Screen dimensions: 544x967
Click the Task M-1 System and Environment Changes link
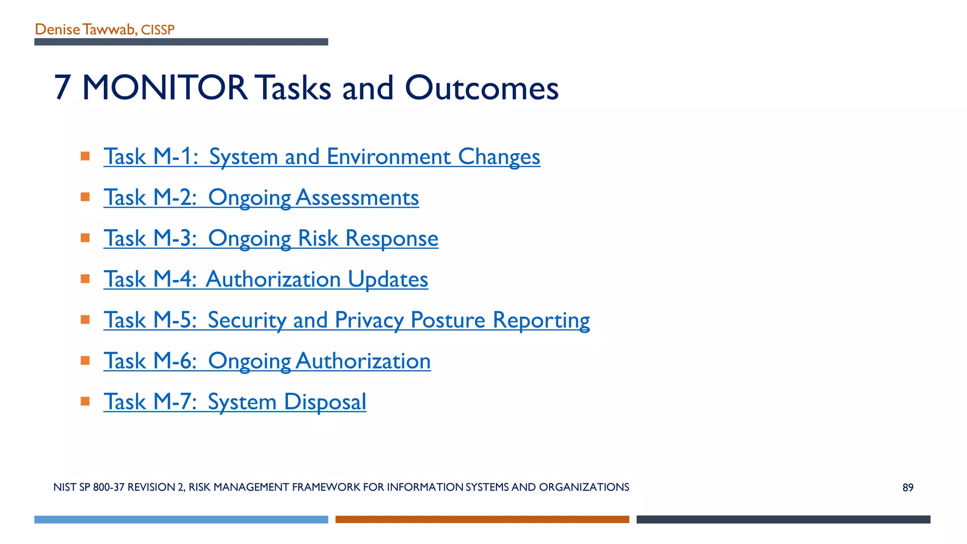click(x=322, y=157)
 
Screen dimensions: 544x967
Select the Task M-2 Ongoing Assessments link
click(x=261, y=197)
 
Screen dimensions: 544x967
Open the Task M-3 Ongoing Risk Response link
click(x=271, y=238)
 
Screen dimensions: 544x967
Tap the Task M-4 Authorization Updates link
click(x=266, y=279)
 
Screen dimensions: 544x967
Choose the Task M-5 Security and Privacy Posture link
click(x=347, y=320)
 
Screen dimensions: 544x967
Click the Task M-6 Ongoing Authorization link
click(x=267, y=361)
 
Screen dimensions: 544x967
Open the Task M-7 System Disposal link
click(x=235, y=402)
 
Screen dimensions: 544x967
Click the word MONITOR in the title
click(x=164, y=88)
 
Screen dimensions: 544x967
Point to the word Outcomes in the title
click(x=481, y=88)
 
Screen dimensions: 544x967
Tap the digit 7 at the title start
click(x=63, y=88)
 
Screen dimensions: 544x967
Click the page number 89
click(x=908, y=487)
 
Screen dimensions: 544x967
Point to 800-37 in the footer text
click(x=109, y=487)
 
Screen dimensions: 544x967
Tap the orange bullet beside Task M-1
click(x=85, y=156)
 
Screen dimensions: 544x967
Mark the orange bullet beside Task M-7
click(x=85, y=401)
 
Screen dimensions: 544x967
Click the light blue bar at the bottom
click(x=181, y=519)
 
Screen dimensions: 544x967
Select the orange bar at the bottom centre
click(x=482, y=519)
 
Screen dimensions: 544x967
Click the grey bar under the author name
click(x=181, y=42)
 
